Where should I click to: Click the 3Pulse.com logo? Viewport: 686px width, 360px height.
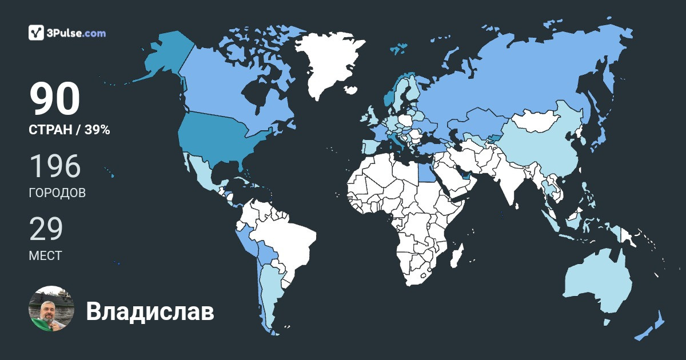point(67,33)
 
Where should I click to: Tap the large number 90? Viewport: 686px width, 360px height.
point(54,100)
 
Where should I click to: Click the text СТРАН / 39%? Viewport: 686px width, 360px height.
point(69,130)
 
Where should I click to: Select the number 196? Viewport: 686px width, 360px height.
point(55,166)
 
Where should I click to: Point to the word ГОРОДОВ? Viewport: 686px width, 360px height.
point(57,193)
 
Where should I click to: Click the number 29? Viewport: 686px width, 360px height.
point(46,229)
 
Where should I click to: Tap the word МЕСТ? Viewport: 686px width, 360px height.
point(45,255)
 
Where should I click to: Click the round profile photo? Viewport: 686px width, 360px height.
point(51,309)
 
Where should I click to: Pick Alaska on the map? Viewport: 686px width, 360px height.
point(163,57)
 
